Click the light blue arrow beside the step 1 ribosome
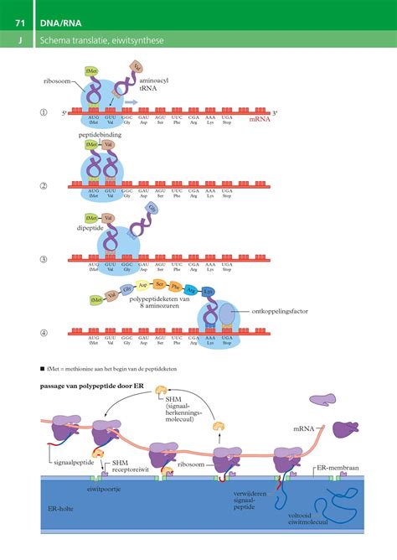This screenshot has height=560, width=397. (x=131, y=101)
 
